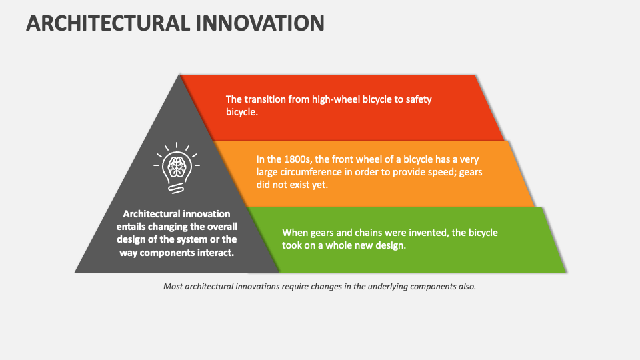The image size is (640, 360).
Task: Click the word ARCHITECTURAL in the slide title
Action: [x=107, y=23]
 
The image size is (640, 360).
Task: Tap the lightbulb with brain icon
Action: [x=177, y=168]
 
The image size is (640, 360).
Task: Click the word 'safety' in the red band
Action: [x=419, y=99]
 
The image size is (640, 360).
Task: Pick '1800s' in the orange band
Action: [x=289, y=159]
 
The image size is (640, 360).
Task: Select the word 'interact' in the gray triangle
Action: [x=213, y=252]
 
